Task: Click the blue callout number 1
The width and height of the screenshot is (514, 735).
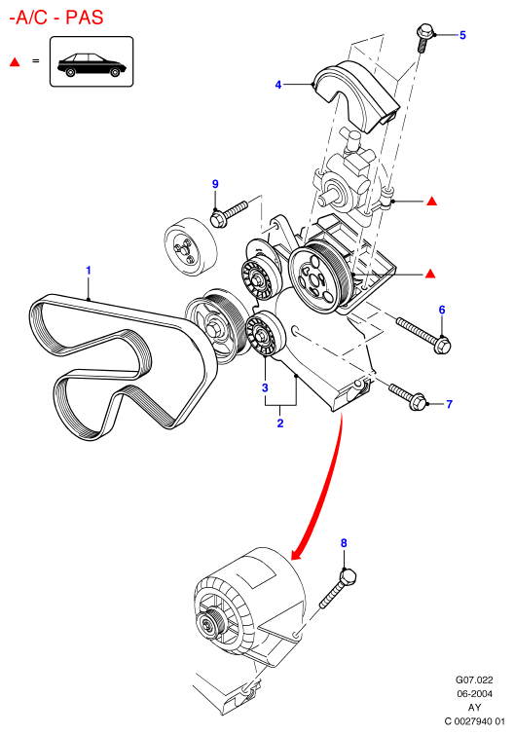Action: (x=88, y=271)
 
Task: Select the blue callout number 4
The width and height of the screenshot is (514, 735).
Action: (x=278, y=85)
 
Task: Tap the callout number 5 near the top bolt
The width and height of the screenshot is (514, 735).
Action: (x=462, y=35)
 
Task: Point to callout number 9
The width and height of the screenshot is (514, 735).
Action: (x=215, y=184)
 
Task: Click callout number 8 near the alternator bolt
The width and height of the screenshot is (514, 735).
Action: (x=344, y=543)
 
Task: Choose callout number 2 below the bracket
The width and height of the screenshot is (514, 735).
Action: (x=280, y=423)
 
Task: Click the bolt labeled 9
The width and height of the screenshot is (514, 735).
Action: (x=228, y=214)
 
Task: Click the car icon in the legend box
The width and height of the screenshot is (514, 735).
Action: (x=92, y=64)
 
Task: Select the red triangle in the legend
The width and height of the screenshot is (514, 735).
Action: (x=15, y=62)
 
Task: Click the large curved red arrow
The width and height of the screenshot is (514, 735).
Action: (x=329, y=488)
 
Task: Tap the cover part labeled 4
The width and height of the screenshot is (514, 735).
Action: (x=356, y=93)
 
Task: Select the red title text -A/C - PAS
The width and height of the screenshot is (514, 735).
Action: (x=56, y=18)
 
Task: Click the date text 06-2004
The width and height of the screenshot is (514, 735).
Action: (x=475, y=694)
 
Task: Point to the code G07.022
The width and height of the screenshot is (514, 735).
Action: (x=475, y=680)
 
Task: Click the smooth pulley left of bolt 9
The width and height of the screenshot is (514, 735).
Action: (x=191, y=246)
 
